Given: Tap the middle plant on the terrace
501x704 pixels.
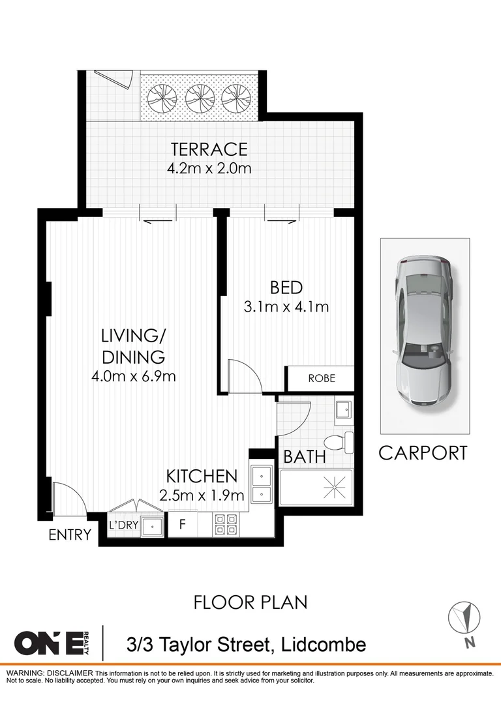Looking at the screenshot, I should tap(200, 98).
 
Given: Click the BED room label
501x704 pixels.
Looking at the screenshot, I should tap(286, 287).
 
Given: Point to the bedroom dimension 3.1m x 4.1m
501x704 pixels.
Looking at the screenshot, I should tap(286, 306).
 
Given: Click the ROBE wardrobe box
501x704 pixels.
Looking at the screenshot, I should tap(321, 378).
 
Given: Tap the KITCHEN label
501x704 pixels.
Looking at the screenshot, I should tap(200, 475).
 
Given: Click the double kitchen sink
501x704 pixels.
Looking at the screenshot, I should tap(262, 485).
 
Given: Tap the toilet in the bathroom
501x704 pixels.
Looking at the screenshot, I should tap(340, 443).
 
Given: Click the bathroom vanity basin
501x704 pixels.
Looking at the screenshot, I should tap(343, 410).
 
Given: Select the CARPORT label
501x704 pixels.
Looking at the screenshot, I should tap(423, 452).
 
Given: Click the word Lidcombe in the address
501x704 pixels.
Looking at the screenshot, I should tap(323, 645).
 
